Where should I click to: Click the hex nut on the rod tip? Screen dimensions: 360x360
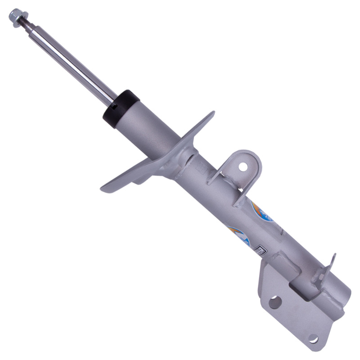tap(16, 17)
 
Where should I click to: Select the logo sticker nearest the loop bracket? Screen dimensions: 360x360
tap(261, 211)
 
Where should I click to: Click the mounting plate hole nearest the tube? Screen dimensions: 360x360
tap(274, 301)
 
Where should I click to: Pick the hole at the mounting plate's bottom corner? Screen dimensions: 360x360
tap(313, 338)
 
